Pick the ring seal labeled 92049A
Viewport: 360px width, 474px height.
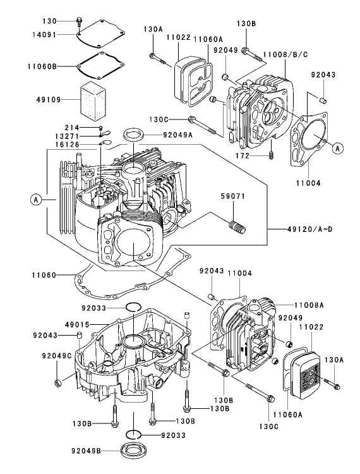132,135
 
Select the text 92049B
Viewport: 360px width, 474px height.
89,450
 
